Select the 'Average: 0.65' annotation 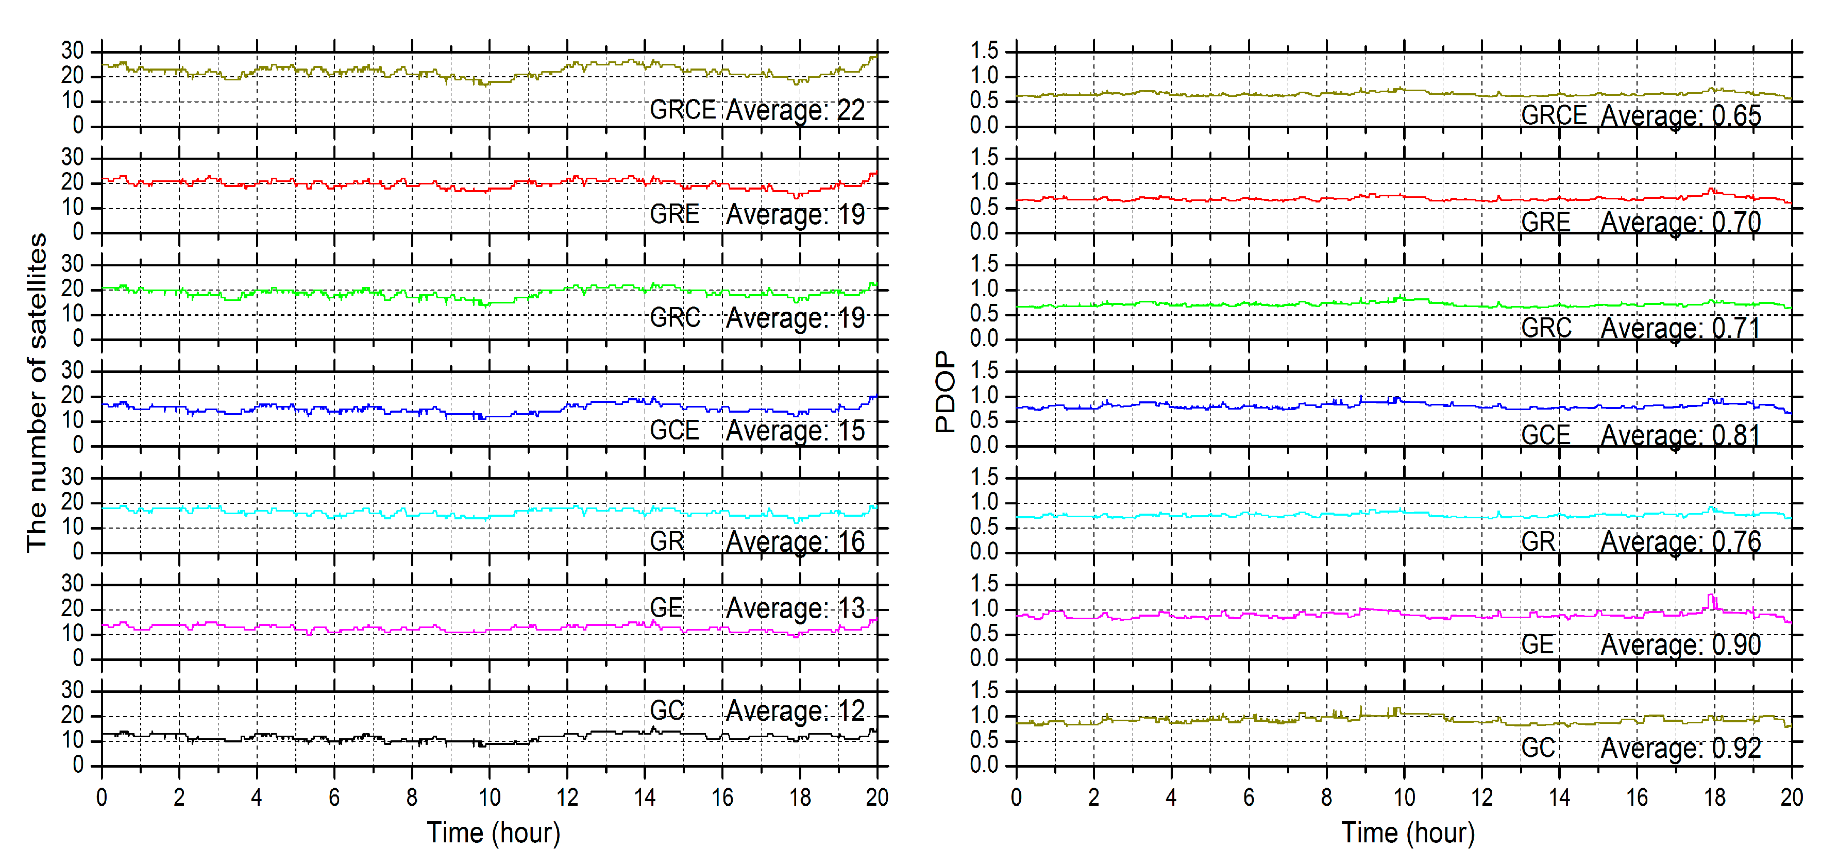point(1680,115)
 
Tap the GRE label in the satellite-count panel point(675,214)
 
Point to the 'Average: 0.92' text point(1680,748)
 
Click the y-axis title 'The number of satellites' point(37,392)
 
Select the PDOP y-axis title point(945,392)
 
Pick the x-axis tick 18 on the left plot point(800,798)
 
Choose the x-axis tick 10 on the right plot point(1404,798)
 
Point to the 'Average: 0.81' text point(1680,435)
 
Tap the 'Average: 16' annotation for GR point(795,542)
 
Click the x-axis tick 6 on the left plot point(334,798)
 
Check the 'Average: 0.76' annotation point(1680,542)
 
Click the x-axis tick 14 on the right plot point(1559,798)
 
